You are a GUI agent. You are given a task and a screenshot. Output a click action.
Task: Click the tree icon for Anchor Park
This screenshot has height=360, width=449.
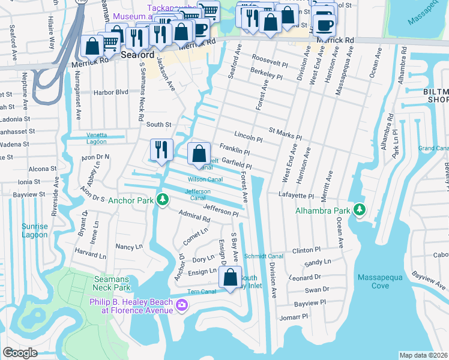tap(162, 199)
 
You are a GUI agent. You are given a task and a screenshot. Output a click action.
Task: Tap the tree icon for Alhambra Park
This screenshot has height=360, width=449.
tap(360, 209)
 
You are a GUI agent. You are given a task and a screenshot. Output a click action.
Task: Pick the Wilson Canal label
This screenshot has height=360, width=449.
tap(206, 179)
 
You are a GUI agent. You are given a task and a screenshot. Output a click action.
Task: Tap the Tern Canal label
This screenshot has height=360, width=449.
tap(201, 292)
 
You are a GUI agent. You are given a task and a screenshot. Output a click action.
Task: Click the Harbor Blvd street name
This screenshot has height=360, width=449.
tap(111, 92)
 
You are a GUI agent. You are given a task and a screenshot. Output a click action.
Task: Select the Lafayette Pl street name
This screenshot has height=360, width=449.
tap(296, 196)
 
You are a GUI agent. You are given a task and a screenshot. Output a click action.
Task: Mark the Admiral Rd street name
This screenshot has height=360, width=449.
tap(193, 216)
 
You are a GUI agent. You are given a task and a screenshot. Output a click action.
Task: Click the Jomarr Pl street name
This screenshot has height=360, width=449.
tap(293, 316)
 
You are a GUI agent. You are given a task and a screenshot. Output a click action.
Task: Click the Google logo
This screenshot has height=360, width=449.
tap(20, 353)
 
